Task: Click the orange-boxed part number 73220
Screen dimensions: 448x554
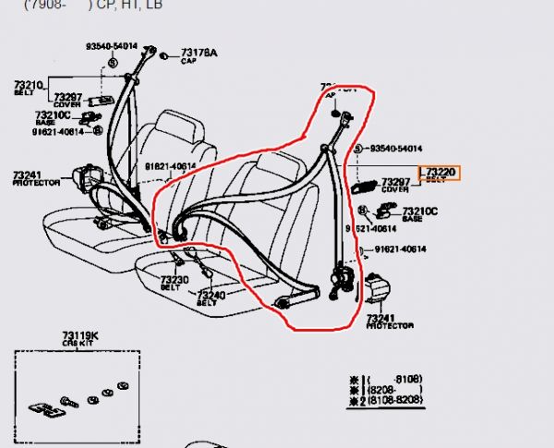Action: (x=440, y=173)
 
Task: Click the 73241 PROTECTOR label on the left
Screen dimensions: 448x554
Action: (x=35, y=177)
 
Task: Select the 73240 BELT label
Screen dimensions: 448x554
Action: (x=211, y=297)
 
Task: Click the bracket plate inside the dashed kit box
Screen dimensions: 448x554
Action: (x=41, y=409)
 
